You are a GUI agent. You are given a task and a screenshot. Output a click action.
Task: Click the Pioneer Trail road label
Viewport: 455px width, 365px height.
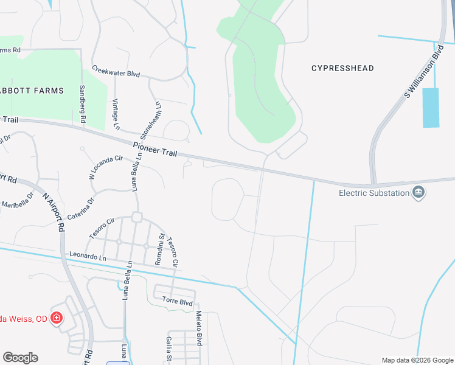point(155,150)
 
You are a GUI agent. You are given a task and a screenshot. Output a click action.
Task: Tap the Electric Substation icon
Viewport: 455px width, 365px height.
point(419,193)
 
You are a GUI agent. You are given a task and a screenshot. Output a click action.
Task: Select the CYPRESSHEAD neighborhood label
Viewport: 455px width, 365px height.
point(342,68)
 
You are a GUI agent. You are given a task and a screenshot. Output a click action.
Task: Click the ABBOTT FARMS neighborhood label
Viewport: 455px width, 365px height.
point(32,91)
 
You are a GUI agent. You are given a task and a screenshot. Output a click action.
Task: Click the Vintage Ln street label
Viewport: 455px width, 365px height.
point(116,114)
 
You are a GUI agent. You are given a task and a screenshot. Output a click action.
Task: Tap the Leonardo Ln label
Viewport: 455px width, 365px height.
point(88,257)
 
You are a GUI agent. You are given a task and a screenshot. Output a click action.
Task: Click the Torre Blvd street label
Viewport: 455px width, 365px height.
point(177,301)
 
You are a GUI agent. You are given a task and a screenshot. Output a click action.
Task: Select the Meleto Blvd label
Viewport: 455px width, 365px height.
point(198,328)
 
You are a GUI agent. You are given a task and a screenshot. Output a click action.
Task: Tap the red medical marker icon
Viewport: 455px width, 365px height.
point(56,318)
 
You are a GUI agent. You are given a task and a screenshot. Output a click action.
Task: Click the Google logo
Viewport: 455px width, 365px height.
point(20,358)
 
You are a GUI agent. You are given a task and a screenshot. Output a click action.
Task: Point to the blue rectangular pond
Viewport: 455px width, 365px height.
point(430,108)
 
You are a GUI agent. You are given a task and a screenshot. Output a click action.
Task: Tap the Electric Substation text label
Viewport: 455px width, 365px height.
point(373,193)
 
